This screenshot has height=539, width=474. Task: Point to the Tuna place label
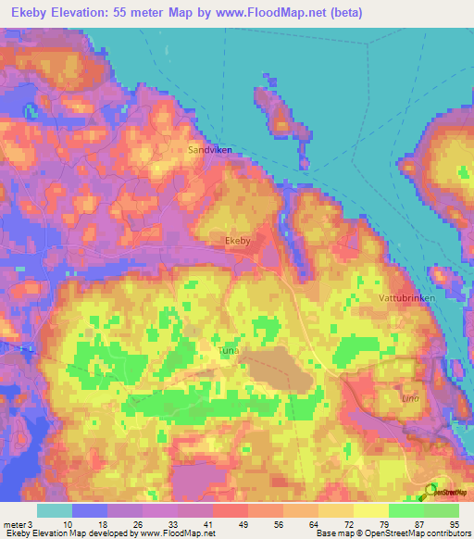click(229, 352)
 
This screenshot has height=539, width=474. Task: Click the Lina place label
click(409, 398)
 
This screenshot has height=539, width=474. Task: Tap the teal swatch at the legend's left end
click(54, 510)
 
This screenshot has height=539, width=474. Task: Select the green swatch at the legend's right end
click(441, 510)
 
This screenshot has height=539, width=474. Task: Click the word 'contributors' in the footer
click(447, 533)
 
